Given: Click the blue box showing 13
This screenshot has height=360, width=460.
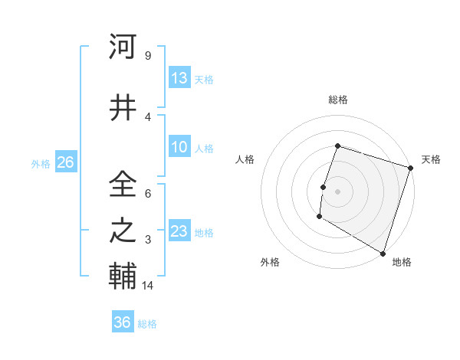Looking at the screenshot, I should point(179,78).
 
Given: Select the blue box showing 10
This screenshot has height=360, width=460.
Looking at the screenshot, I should point(179,147).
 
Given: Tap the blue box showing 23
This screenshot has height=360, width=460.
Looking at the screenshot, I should point(179,231).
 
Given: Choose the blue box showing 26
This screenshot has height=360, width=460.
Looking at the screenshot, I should point(65,162).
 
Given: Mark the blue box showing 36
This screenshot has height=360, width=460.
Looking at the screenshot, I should point(122,322).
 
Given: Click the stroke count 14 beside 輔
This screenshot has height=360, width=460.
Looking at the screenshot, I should point(149,286).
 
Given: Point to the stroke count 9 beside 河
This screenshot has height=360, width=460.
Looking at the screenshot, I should point(147,55).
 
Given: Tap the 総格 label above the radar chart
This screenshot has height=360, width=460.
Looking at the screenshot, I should point(337,100).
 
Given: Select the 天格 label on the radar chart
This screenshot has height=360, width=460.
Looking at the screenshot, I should point(431,159).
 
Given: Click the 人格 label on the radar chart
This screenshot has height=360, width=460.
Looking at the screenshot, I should point(245,159).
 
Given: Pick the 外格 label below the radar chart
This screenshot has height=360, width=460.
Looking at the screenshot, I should point(270,262).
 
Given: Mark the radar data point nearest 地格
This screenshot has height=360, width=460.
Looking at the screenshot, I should point(382,253).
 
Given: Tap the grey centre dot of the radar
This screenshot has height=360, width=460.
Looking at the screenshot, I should point(337,191).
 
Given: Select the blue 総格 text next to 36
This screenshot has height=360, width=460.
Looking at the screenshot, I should point(147,324).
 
